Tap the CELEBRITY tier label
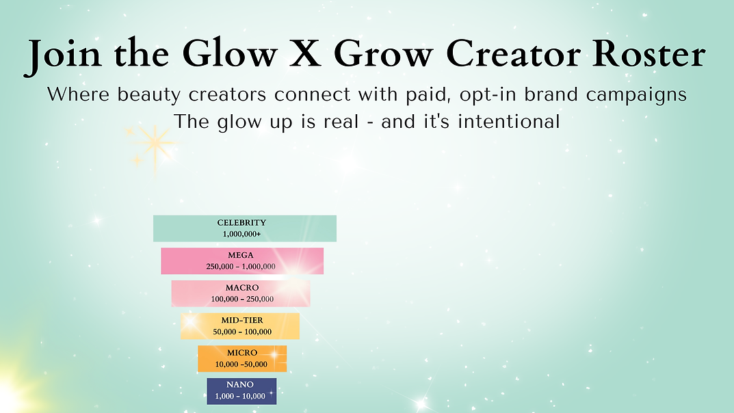[x=241, y=223]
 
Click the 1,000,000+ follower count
[x=241, y=234]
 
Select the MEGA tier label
[x=241, y=256]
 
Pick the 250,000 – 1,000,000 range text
[x=241, y=267]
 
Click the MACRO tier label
[x=242, y=288]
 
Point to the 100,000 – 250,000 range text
[x=241, y=299]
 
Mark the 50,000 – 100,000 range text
[x=242, y=332]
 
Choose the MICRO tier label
[x=242, y=353]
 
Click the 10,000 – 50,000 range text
[x=241, y=364]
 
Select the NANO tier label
[x=240, y=385]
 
